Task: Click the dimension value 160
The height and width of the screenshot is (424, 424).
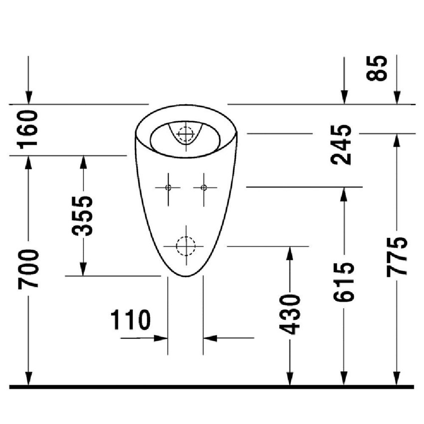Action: [x=28, y=130]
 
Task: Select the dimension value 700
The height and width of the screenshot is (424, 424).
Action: [x=28, y=269]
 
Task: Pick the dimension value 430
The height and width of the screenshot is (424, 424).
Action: [x=290, y=314]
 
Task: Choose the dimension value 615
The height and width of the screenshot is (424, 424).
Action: [x=344, y=281]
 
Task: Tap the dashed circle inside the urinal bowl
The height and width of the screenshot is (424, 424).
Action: [x=185, y=134]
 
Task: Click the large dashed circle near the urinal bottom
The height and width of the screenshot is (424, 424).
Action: [x=185, y=246]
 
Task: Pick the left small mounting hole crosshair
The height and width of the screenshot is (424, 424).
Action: [x=168, y=188]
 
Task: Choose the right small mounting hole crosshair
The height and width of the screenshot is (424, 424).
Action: [x=203, y=188]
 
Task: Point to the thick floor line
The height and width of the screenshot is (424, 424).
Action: [x=212, y=387]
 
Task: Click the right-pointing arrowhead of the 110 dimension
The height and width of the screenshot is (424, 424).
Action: [x=162, y=338]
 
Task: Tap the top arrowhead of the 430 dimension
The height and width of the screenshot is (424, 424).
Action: [x=290, y=252]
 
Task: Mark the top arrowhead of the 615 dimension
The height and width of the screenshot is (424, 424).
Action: [x=344, y=193]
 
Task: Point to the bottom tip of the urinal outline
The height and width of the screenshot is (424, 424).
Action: [x=185, y=276]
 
